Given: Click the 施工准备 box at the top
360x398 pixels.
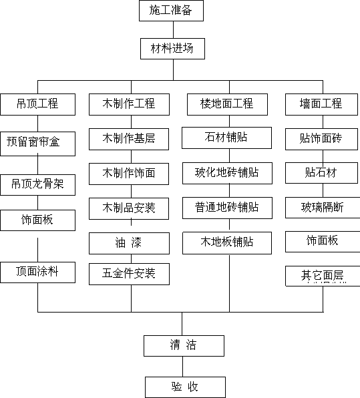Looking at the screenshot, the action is [x=171, y=11].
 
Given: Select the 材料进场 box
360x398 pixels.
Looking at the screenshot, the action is [x=172, y=49].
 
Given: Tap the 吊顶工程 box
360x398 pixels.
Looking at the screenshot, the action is [x=38, y=104].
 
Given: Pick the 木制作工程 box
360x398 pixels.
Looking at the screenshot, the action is [x=129, y=104].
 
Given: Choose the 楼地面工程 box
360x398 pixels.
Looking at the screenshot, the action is [x=227, y=104].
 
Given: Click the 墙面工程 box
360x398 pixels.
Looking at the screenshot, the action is [x=321, y=104].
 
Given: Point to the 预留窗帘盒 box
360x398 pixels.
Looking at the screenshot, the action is [x=38, y=144].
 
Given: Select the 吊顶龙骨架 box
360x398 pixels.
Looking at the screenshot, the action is [x=38, y=185].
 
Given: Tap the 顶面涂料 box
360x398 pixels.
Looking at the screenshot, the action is [x=38, y=272].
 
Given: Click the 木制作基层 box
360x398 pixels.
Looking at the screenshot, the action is [x=129, y=139].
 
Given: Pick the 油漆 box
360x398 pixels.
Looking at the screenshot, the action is [x=129, y=244].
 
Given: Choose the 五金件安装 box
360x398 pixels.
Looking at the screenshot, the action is [x=129, y=274].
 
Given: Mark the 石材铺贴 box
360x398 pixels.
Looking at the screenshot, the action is [x=226, y=138].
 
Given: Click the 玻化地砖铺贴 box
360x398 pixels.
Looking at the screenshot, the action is [x=227, y=173].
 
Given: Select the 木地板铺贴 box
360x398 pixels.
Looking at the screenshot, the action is [x=227, y=243].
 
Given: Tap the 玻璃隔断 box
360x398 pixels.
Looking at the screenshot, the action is [x=323, y=208].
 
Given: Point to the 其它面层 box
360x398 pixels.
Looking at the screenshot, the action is [x=323, y=276].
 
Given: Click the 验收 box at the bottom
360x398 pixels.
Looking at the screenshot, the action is [x=185, y=387].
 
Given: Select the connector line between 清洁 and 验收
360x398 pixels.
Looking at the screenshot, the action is [x=182, y=367].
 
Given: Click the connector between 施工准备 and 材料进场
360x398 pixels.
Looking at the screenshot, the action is [x=174, y=29].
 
